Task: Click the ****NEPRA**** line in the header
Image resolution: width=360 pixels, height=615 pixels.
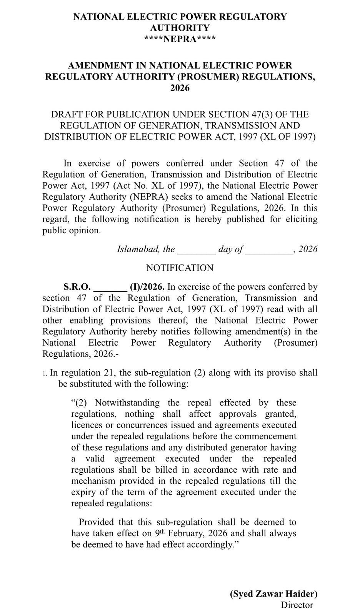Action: pos(180,39)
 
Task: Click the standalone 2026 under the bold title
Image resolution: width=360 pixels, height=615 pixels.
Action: pos(180,88)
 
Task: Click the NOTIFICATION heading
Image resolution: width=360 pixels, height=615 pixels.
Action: pos(180,268)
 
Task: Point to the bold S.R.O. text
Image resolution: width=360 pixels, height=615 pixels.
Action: pos(77,287)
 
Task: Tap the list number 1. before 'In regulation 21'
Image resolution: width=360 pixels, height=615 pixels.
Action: pos(45,373)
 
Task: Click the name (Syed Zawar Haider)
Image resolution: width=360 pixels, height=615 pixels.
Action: pos(273,594)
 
